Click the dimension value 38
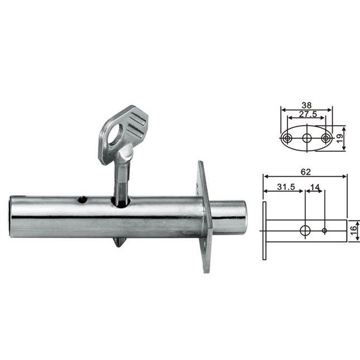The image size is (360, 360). [x=306, y=105]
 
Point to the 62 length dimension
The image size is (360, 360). [x=305, y=172]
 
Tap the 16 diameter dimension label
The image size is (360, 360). [x=354, y=230]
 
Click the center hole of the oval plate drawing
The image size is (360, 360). [x=306, y=138]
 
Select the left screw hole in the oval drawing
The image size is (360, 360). [x=287, y=138]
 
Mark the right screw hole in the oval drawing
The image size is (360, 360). [x=325, y=138]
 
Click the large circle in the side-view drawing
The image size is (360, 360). [x=305, y=230]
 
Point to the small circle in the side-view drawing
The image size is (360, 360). [x=324, y=230]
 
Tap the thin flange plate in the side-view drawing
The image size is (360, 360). [x=264, y=230]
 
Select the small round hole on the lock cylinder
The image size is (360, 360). [x=83, y=199]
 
